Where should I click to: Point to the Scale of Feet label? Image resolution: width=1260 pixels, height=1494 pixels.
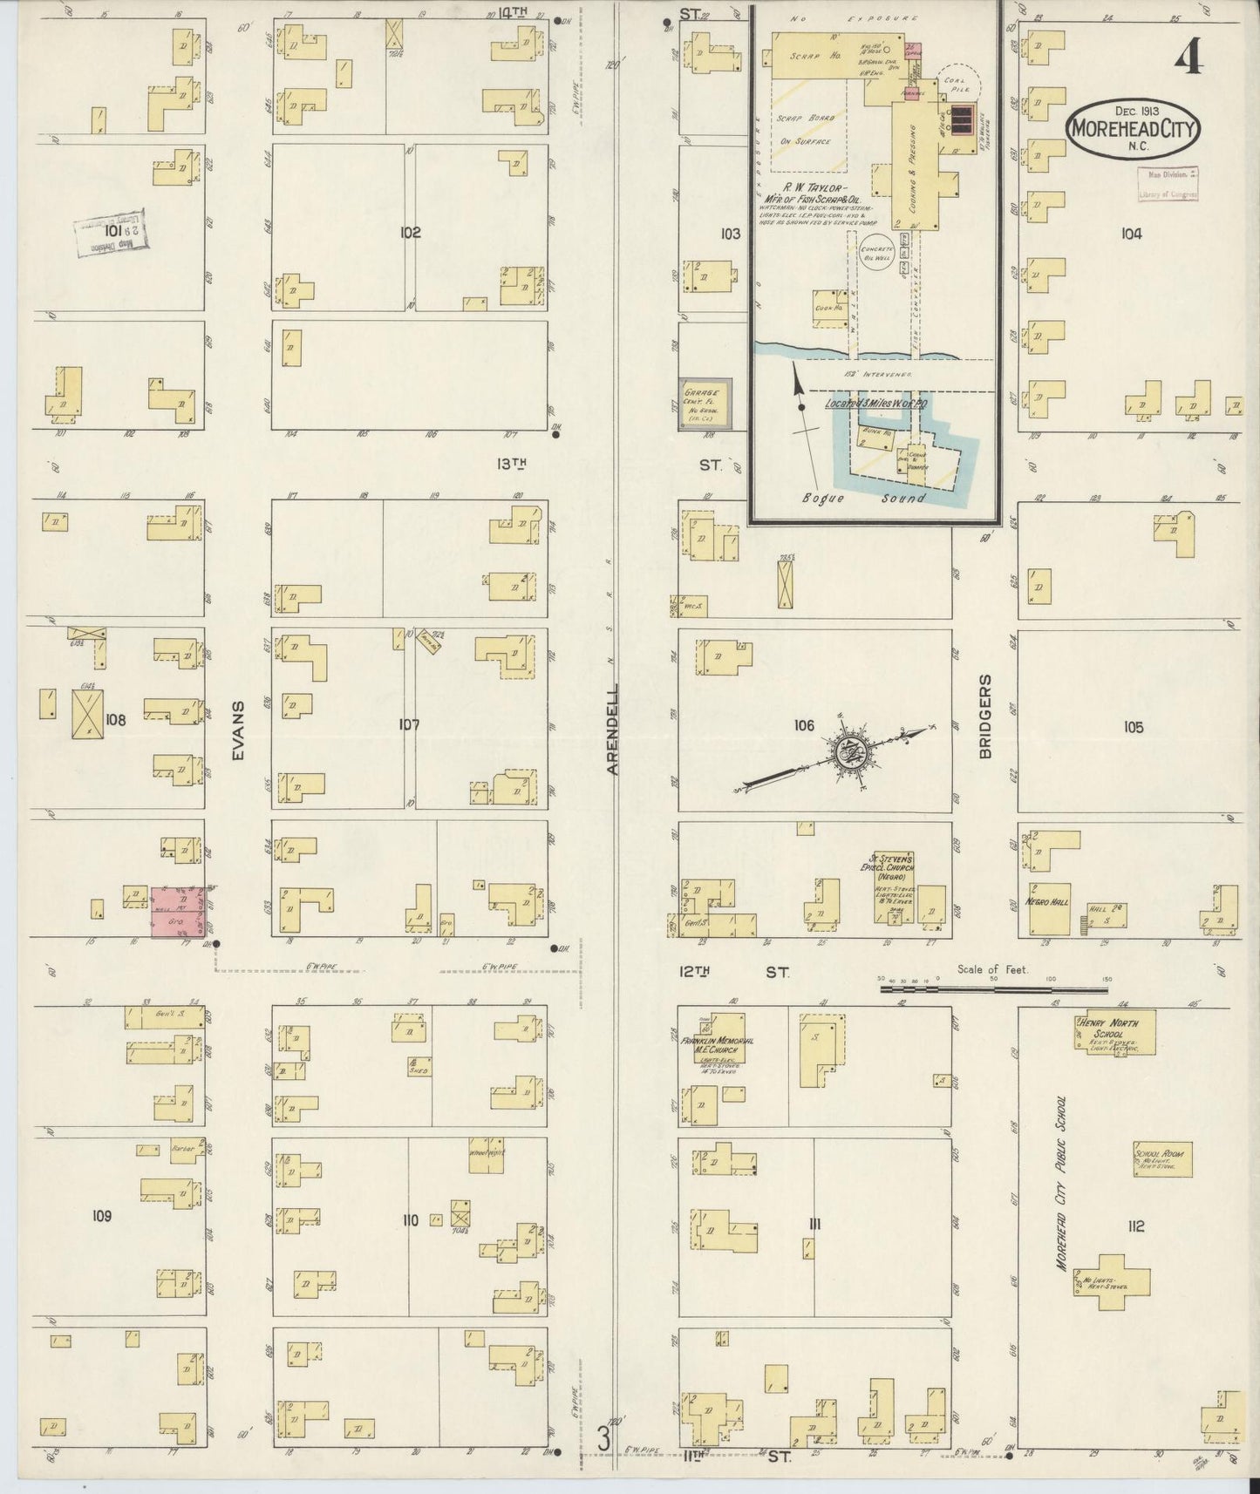click(992, 969)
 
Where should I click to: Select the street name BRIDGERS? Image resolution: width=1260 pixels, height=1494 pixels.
click(985, 716)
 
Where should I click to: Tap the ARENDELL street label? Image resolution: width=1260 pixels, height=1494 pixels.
click(613, 730)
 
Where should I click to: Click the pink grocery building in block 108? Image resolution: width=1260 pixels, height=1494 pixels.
click(180, 913)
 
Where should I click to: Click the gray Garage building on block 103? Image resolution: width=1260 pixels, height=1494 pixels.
click(705, 404)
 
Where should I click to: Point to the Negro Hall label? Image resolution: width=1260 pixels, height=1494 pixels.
click(1047, 902)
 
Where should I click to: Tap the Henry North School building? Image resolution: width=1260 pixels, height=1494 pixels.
click(1114, 1031)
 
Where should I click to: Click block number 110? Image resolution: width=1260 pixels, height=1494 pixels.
click(410, 1220)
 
